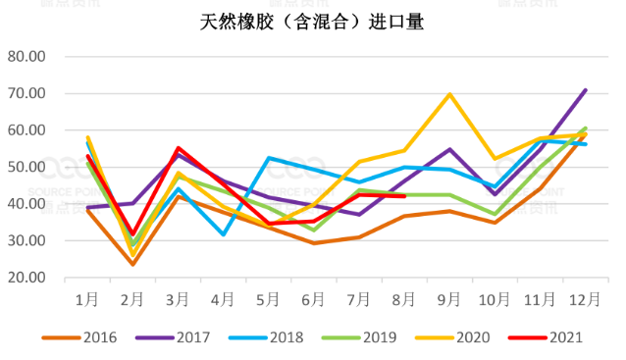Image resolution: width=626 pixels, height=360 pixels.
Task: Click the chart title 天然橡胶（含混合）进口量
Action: click(312, 22)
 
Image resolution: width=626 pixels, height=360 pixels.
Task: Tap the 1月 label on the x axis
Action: click(87, 296)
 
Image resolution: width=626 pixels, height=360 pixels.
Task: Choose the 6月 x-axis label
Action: click(313, 296)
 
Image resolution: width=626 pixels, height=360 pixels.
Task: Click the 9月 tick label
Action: click(449, 296)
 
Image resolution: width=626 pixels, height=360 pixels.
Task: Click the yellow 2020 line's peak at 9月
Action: click(449, 94)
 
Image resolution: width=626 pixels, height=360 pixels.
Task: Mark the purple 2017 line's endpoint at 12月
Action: click(586, 90)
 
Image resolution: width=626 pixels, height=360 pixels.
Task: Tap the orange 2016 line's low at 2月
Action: click(132, 264)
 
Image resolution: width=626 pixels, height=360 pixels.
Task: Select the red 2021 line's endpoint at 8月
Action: click(404, 196)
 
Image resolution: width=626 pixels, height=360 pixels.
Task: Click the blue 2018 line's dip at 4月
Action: click(223, 234)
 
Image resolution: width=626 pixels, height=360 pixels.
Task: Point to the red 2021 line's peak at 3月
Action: click(178, 148)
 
